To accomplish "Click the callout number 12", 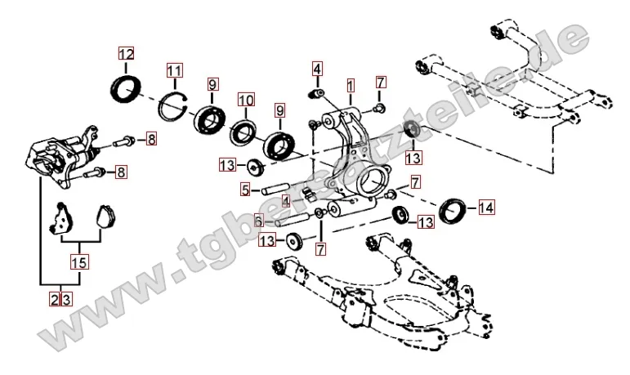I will pos(124,55).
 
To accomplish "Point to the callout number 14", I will pos(486,208).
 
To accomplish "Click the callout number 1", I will pos(350,84).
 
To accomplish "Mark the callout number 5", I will pos(245,190).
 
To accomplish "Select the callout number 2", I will pos(54,300).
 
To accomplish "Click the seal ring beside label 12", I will pos(125,89).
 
